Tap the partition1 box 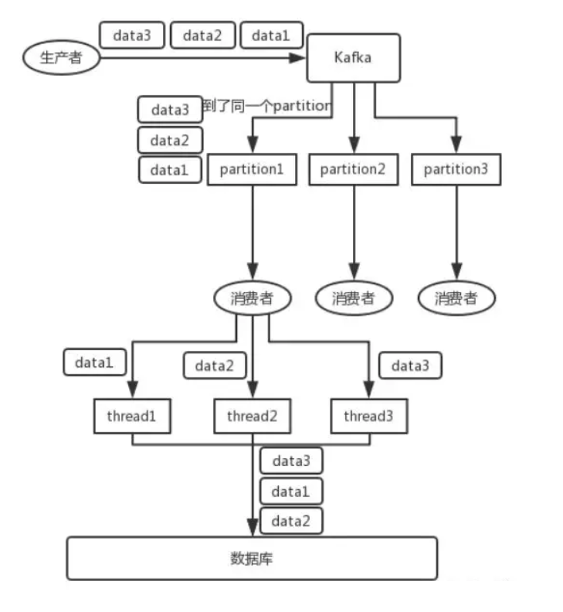(x=252, y=169)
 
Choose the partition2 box (x=353, y=169)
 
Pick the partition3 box (x=456, y=169)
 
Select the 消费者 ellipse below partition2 (x=354, y=298)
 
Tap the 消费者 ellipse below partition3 (x=456, y=298)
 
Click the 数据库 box (x=252, y=557)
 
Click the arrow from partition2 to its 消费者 (x=354, y=232)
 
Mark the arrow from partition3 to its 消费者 (x=456, y=232)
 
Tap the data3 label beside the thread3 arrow (x=410, y=365)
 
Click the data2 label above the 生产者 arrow (x=201, y=35)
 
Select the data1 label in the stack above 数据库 (x=290, y=491)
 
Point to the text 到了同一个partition (x=266, y=106)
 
